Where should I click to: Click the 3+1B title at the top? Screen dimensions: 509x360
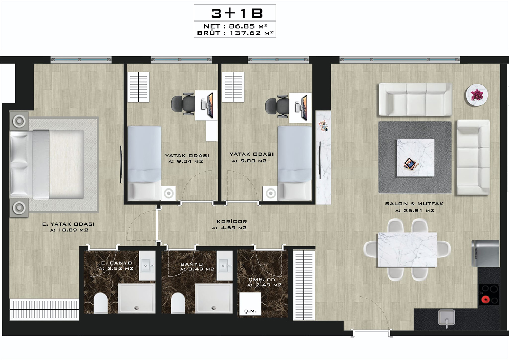tap(237, 13)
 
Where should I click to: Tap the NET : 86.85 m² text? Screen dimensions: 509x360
tap(235, 26)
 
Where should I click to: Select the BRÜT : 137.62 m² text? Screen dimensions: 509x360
tap(235, 33)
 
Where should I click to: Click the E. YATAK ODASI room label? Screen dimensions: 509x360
tap(69, 224)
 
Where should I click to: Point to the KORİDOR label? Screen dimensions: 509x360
tap(231, 221)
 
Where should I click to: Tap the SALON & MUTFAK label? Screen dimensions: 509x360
tap(414, 204)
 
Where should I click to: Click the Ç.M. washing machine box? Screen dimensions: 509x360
tap(250, 304)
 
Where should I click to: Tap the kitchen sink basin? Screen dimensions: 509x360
tap(447, 318)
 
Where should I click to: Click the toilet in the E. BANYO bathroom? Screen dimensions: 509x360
tap(100, 303)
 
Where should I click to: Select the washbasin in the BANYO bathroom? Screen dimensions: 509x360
tap(225, 265)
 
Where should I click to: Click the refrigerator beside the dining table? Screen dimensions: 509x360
tap(485, 253)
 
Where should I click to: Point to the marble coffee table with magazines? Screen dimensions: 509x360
tap(415, 157)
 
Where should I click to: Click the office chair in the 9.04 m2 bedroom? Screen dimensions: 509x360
tap(183, 104)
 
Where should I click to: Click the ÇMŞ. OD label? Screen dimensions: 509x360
tap(261, 280)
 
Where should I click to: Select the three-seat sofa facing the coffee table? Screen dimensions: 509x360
tap(415, 100)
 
